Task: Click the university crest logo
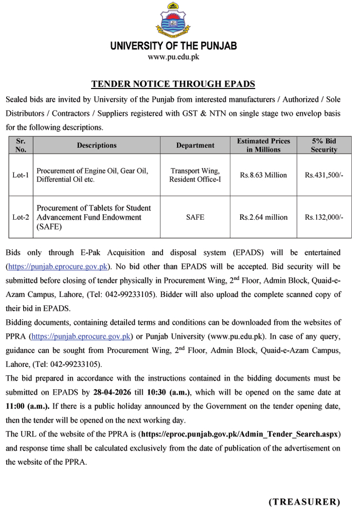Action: [x=173, y=20]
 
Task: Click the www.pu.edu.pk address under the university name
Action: [x=173, y=57]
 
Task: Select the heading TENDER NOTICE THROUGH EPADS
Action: [x=173, y=84]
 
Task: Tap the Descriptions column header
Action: [x=97, y=146]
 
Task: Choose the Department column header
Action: [x=195, y=146]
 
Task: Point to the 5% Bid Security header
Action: [x=323, y=146]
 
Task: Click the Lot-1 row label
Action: [x=21, y=175]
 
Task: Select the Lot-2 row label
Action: [x=21, y=217]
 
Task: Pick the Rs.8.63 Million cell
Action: [x=263, y=175]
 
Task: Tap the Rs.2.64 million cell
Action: [x=263, y=217]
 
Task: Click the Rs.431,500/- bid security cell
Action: [x=323, y=175]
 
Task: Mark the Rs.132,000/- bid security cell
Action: [x=323, y=217]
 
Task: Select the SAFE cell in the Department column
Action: [x=195, y=217]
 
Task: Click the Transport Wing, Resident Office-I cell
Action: [x=195, y=175]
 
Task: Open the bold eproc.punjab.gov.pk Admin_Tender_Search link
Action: [x=239, y=434]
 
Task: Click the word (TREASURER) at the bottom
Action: [x=304, y=501]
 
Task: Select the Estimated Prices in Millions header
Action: [x=263, y=146]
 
